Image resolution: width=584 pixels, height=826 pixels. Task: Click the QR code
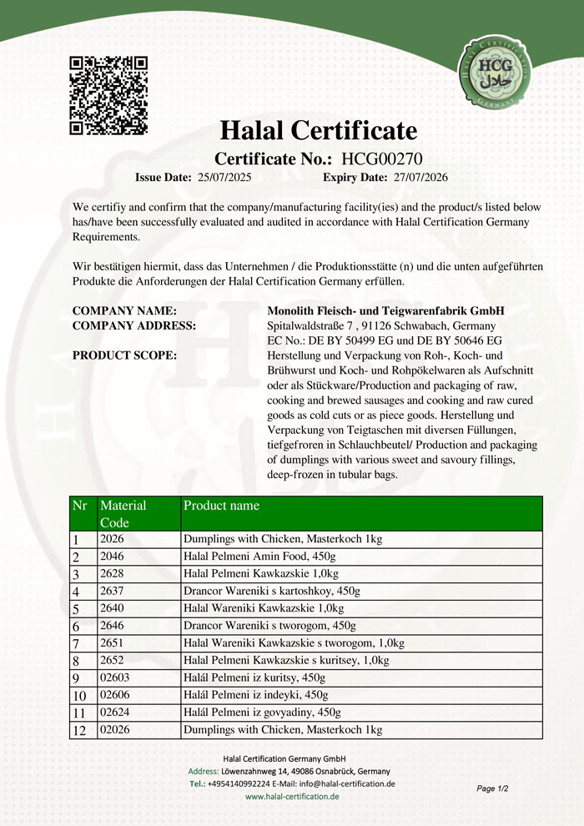tap(108, 95)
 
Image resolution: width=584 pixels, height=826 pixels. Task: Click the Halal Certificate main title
tap(318, 130)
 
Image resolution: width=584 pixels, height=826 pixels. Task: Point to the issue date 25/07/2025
tap(224, 177)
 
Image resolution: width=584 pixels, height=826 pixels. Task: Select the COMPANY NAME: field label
tap(124, 310)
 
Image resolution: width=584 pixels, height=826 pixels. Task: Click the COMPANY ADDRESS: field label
tap(134, 325)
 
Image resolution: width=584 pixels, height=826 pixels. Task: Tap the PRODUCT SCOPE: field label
tap(124, 355)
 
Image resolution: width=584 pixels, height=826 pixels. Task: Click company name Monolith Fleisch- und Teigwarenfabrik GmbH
tap(385, 310)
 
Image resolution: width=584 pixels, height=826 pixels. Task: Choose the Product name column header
tap(221, 506)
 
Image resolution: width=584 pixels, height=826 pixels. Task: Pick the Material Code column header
tap(123, 513)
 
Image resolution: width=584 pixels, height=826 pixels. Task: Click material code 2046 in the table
tap(112, 557)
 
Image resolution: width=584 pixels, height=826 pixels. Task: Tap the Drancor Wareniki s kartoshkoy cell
tap(271, 592)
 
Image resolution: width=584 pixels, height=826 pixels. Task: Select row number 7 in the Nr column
tap(76, 643)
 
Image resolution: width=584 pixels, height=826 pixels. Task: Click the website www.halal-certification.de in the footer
tap(292, 797)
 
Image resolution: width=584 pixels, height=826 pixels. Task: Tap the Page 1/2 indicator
tap(492, 788)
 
